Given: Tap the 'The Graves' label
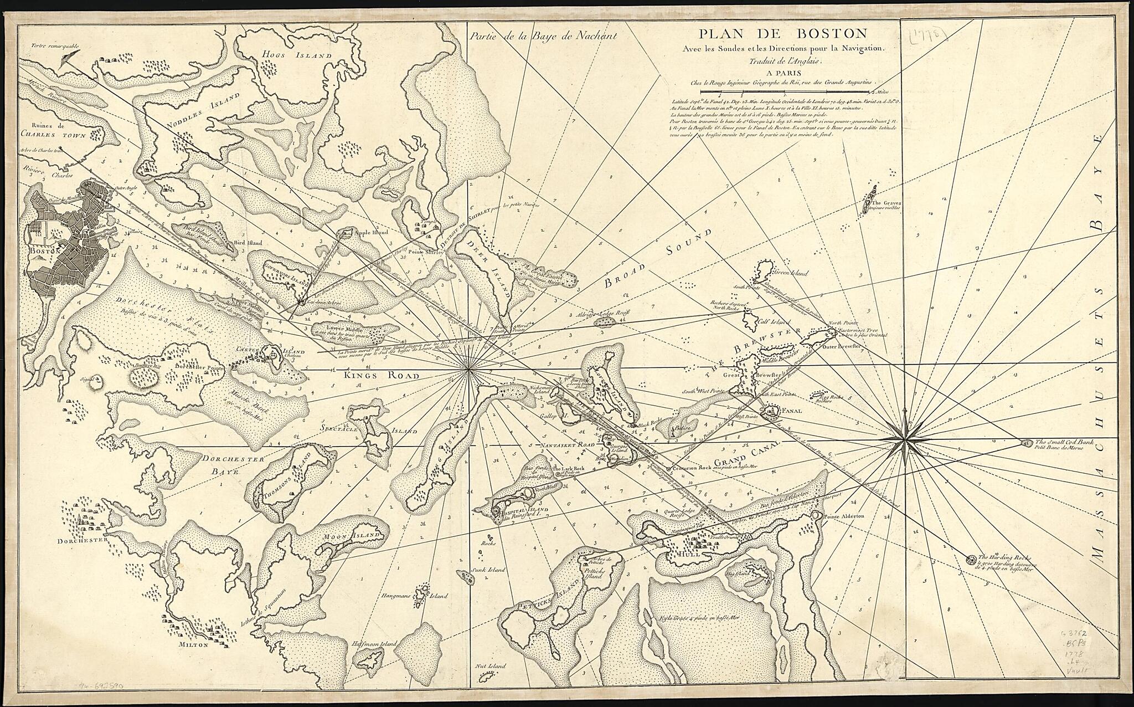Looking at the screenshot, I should point(888,203).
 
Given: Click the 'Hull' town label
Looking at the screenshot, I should point(692,554).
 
